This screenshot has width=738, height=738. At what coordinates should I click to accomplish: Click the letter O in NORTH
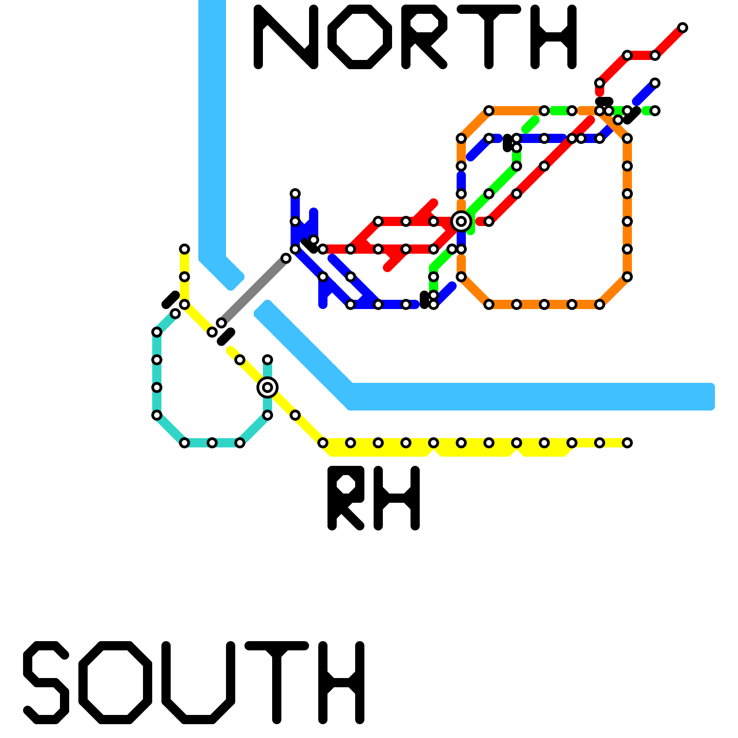[360, 37]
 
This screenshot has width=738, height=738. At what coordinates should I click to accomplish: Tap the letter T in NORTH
[489, 37]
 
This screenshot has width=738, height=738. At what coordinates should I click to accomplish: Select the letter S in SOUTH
[46, 683]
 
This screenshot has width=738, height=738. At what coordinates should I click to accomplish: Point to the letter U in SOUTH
[198, 683]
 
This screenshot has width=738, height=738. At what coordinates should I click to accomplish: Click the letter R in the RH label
[346, 498]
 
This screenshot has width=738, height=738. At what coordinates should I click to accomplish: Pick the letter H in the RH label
[397, 498]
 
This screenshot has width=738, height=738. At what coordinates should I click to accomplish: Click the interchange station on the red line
[461, 221]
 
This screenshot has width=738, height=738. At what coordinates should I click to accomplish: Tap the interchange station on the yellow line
[268, 387]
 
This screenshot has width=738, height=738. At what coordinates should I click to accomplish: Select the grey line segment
[254, 291]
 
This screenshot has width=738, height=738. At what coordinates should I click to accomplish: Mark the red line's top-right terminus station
[683, 28]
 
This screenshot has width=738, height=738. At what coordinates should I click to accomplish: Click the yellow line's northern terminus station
[184, 249]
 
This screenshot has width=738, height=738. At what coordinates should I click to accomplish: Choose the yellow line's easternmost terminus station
[627, 443]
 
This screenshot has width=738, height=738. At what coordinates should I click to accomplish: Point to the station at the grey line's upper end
[286, 258]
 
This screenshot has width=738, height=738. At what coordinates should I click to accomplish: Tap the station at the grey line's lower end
[221, 323]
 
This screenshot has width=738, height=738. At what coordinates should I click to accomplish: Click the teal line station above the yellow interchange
[268, 360]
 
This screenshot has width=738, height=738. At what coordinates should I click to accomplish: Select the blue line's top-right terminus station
[655, 83]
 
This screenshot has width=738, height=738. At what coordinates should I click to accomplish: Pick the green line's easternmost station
[655, 111]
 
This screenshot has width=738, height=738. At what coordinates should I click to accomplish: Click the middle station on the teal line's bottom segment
[212, 443]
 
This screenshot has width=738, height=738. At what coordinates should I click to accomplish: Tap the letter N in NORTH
[286, 37]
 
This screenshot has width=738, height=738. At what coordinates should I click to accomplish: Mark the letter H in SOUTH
[341, 683]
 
